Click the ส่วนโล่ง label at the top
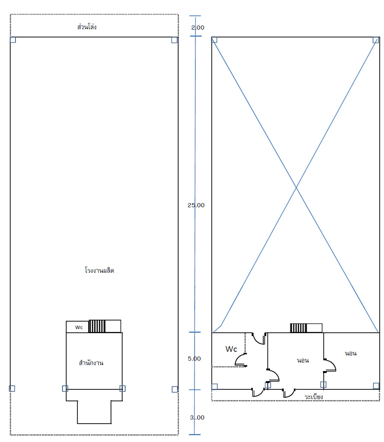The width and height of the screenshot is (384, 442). tap(87, 27)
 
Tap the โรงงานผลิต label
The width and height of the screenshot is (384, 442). tap(100, 270)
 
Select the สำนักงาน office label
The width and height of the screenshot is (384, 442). tap(91, 363)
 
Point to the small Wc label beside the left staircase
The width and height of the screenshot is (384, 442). tap(79, 327)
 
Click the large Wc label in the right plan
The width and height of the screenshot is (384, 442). tap(231, 349)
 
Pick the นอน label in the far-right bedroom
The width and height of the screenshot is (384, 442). tap(351, 353)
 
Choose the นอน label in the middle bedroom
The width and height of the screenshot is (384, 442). tap(303, 361)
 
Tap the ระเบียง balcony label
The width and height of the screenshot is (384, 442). tap(314, 397)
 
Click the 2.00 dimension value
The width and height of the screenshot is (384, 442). tap(197, 27)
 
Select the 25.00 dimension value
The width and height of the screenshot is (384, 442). tap(196, 205)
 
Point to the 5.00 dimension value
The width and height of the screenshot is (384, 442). tap(194, 359)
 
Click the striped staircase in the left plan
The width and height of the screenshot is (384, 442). tap(97, 326)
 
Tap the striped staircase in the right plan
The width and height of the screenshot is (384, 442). tap(299, 328)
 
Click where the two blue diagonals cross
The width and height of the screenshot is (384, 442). tap(296, 187)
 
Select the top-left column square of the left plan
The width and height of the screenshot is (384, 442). tap(13, 40)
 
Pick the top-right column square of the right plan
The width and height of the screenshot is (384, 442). tap(376, 40)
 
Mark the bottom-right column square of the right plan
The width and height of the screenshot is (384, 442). tap(376, 386)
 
